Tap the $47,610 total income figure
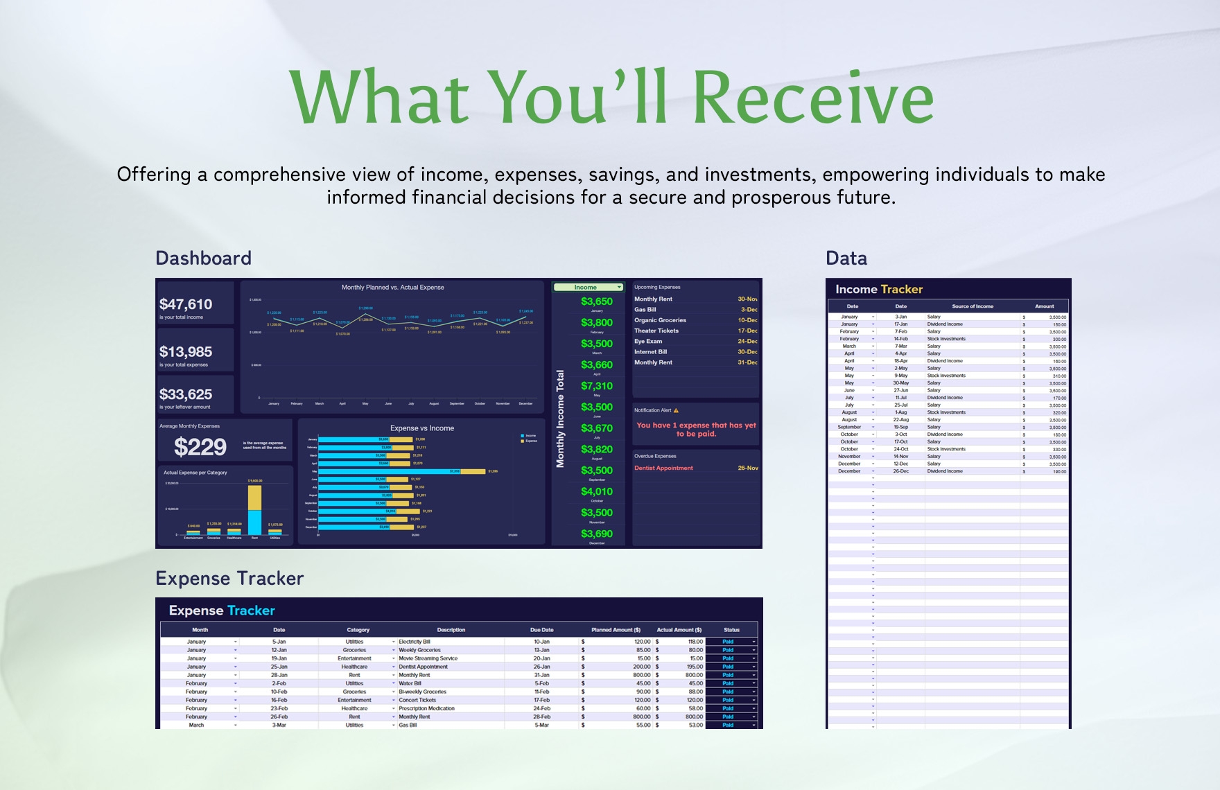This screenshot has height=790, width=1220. pyautogui.click(x=186, y=304)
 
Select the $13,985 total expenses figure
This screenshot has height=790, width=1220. pyautogui.click(x=186, y=352)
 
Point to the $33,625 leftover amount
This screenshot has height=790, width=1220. pyautogui.click(x=186, y=394)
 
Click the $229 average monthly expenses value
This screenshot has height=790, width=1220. pyautogui.click(x=200, y=447)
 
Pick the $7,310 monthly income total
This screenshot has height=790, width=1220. pyautogui.click(x=596, y=386)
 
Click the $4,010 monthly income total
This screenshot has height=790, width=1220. pyautogui.click(x=596, y=491)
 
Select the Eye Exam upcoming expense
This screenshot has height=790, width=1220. pyautogui.click(x=648, y=341)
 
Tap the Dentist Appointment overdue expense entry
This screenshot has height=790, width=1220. pyautogui.click(x=663, y=468)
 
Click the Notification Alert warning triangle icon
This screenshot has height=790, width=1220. pyautogui.click(x=676, y=410)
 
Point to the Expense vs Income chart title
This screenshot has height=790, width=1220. pyautogui.click(x=421, y=428)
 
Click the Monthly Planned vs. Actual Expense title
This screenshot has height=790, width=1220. pyautogui.click(x=392, y=287)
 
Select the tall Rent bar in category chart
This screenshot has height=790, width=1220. pyautogui.click(x=254, y=509)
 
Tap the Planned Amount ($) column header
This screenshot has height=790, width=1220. pyautogui.click(x=616, y=630)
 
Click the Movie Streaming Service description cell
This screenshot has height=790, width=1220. pyautogui.click(x=428, y=658)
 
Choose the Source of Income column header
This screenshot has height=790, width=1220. pyautogui.click(x=972, y=306)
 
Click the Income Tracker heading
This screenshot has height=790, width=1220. pyautogui.click(x=878, y=290)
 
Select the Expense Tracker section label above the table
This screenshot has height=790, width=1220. pyautogui.click(x=229, y=579)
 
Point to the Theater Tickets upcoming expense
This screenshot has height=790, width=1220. pyautogui.click(x=656, y=331)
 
